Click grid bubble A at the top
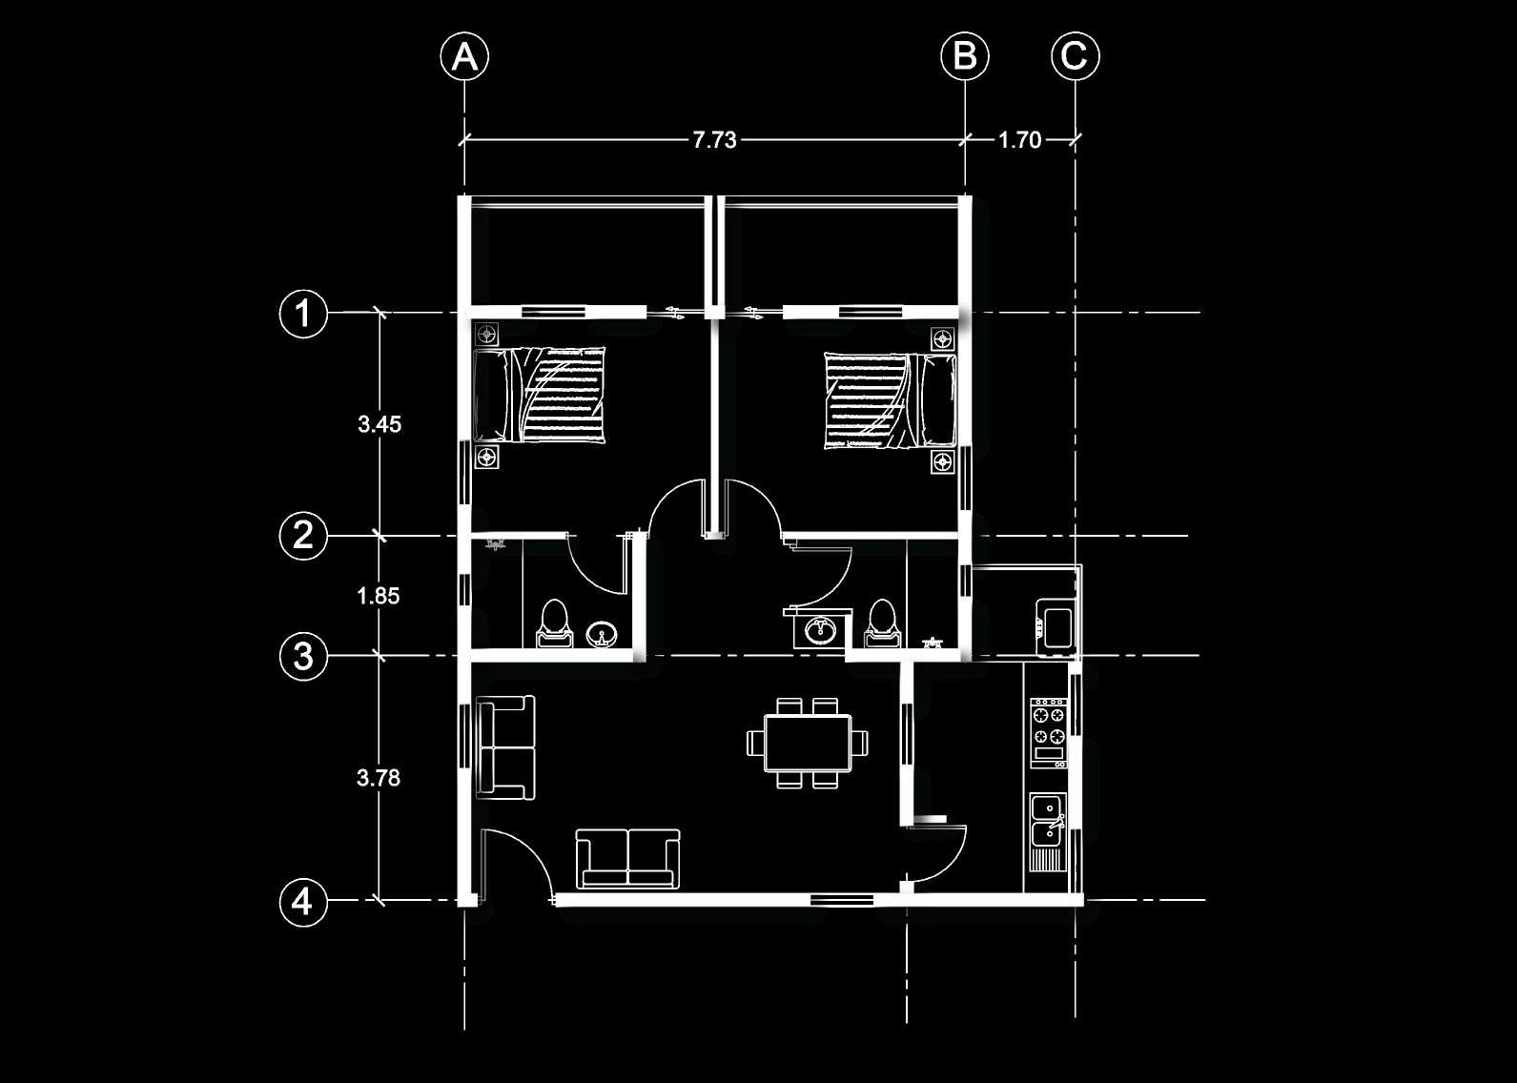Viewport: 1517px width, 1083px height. click(x=464, y=56)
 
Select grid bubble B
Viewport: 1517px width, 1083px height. click(x=965, y=56)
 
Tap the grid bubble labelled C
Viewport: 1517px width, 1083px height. click(x=1075, y=56)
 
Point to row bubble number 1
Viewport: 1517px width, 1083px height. click(x=303, y=313)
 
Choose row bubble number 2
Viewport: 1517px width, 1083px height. click(x=303, y=535)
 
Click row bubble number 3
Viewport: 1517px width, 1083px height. click(x=303, y=656)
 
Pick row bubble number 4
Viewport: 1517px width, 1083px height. click(x=303, y=901)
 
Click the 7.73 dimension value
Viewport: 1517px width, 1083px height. click(x=714, y=140)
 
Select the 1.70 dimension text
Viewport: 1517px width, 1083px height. click(x=1019, y=140)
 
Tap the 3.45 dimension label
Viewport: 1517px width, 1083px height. click(x=379, y=424)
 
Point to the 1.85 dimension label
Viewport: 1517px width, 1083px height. click(x=379, y=596)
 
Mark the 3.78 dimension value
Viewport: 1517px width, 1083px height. click(x=379, y=778)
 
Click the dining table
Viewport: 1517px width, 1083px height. click(x=808, y=743)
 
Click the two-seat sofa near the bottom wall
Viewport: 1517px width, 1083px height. click(x=628, y=858)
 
